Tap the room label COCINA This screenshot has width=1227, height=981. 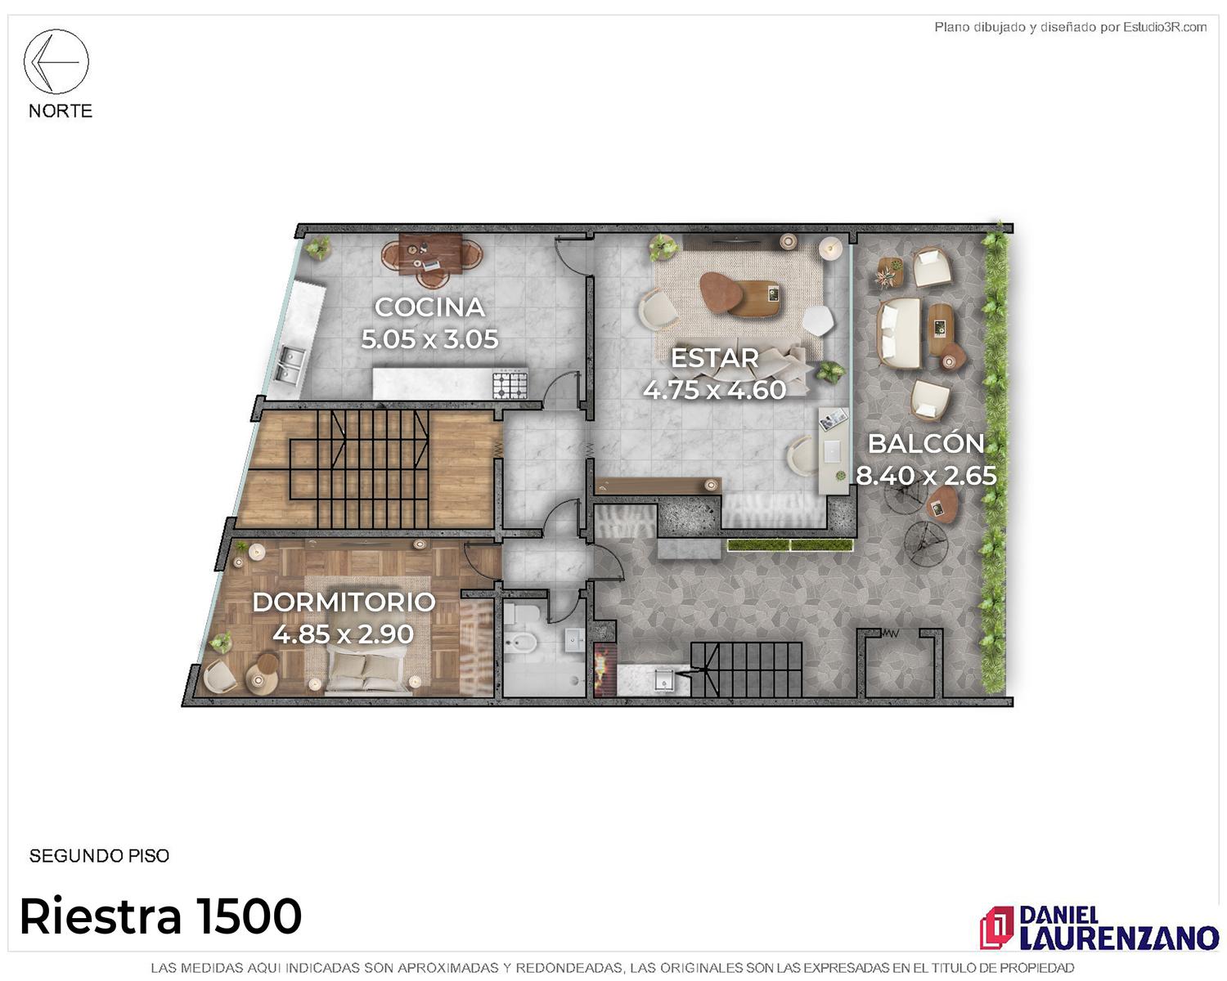pos(430,308)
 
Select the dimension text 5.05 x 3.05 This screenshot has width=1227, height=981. pos(430,339)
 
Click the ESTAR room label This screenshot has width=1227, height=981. pos(714,358)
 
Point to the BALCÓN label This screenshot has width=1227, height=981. pos(926,443)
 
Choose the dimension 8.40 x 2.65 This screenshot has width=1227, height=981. pos(926,476)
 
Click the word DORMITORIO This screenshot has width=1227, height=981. pos(344,602)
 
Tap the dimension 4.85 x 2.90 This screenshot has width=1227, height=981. pos(344,634)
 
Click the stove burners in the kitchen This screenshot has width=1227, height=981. pos(510,383)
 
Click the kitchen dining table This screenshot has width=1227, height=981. pos(430,253)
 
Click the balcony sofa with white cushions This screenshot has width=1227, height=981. pos(899,333)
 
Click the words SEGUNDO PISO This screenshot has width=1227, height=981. pos(99,856)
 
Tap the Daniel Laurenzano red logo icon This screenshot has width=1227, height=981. pos(996,927)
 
